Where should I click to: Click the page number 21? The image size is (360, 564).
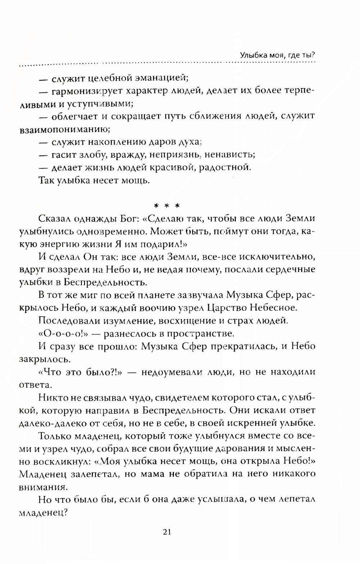click(166, 532)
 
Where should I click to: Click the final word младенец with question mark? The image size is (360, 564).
click(43, 512)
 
